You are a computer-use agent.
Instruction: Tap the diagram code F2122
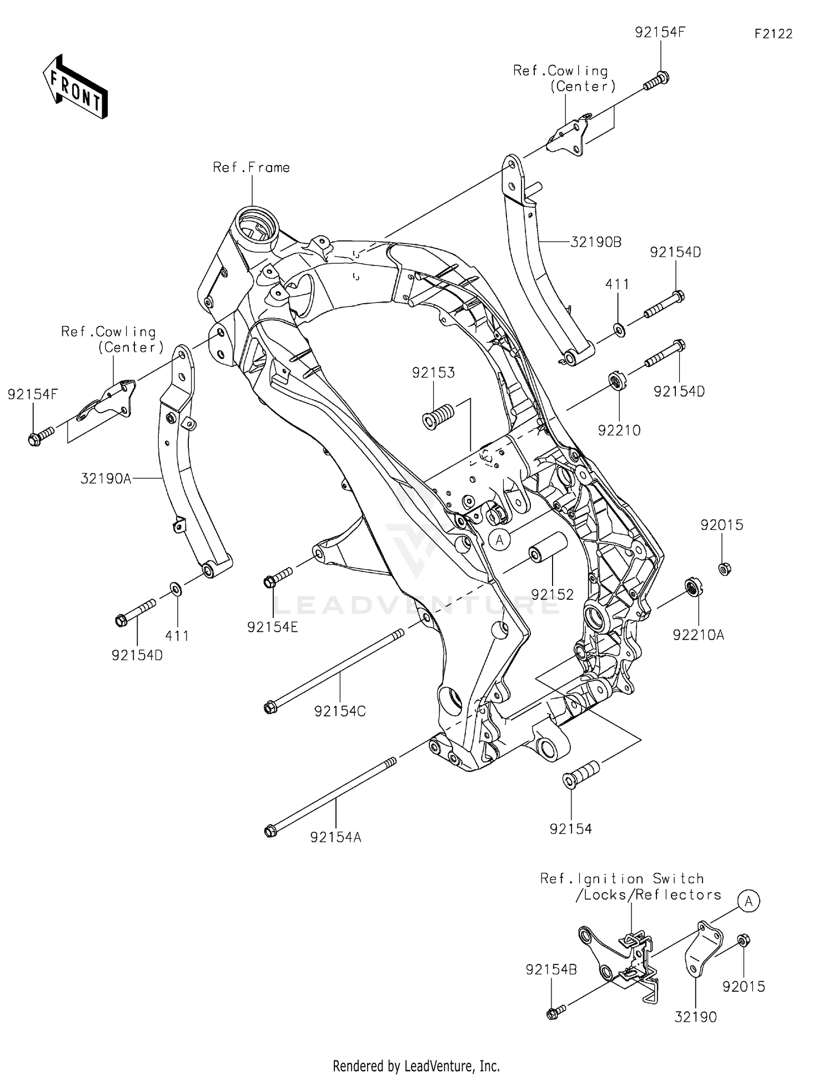(773, 34)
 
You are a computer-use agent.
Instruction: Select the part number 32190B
(596, 242)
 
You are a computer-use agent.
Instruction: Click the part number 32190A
(106, 478)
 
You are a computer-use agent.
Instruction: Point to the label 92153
(433, 373)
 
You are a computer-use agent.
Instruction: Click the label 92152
(552, 594)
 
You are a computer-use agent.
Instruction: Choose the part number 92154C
(340, 711)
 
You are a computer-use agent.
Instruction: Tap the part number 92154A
(335, 837)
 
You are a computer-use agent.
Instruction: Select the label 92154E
(273, 627)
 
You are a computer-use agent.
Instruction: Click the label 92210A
(698, 635)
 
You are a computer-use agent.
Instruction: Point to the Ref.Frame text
(251, 167)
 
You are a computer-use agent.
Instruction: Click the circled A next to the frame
(500, 539)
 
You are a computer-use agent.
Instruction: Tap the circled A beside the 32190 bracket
(748, 902)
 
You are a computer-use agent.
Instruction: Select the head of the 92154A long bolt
(270, 831)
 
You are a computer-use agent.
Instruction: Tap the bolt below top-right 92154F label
(656, 81)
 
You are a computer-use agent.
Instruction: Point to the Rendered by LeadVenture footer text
(416, 1065)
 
